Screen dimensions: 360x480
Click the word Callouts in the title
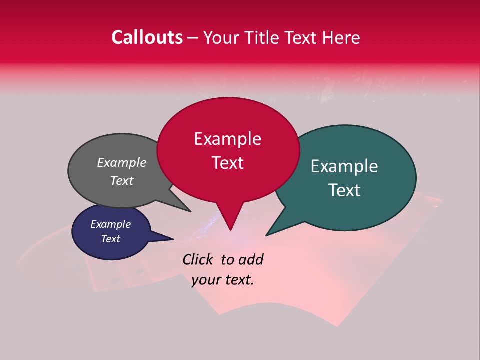tap(147, 37)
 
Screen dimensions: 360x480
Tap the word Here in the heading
tap(340, 37)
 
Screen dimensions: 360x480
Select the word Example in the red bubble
tap(227, 139)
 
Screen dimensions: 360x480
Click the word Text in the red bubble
tap(227, 163)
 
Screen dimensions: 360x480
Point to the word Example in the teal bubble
tap(344, 166)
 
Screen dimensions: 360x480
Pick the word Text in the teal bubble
tap(344, 190)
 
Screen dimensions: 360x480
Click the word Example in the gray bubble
tap(122, 162)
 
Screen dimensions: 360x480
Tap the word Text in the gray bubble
tap(122, 180)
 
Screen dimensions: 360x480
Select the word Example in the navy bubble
tap(110, 224)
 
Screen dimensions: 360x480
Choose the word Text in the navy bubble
tap(110, 239)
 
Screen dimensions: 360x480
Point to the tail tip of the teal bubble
tap(267, 234)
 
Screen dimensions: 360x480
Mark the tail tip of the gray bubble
tap(190, 211)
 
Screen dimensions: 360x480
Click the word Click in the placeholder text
tap(198, 259)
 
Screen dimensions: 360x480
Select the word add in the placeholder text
tap(252, 259)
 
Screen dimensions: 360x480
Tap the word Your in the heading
tap(221, 37)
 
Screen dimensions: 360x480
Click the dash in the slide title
tap(193, 38)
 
